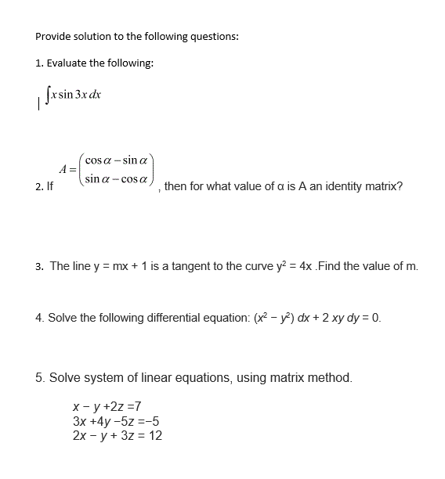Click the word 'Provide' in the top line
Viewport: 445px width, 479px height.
click(53, 37)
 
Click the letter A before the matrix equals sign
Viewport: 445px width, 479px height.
click(63, 168)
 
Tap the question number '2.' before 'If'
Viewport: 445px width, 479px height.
click(39, 188)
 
